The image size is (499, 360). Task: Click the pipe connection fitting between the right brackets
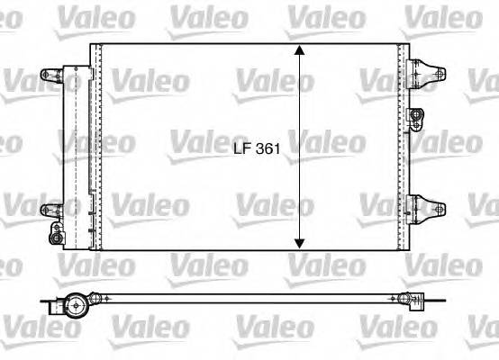click(416, 113)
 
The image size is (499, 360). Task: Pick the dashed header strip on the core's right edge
click(395, 148)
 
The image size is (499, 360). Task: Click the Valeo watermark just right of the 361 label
click(329, 143)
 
